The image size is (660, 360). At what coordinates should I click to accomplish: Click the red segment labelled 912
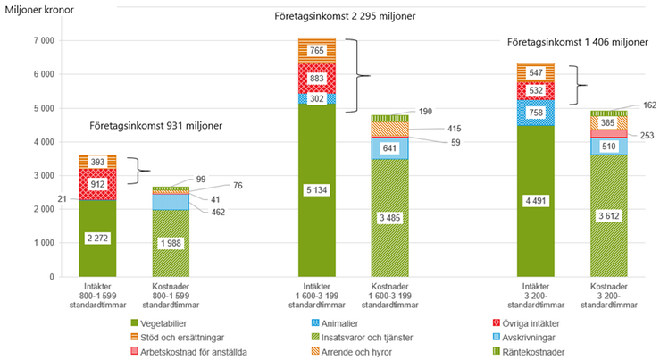[98, 184]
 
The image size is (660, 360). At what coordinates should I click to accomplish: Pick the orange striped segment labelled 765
[316, 51]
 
